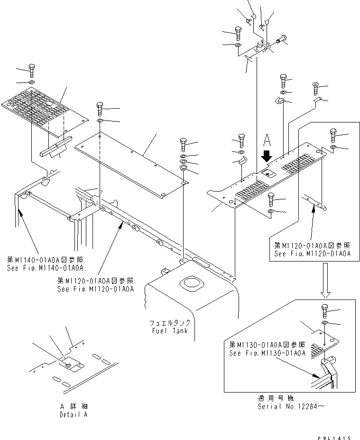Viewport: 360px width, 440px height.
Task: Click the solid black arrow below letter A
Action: point(267,155)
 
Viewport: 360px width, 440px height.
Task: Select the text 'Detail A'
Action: point(74,414)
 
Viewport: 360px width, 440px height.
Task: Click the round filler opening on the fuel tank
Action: point(193,286)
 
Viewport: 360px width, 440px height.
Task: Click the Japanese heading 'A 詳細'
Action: point(74,407)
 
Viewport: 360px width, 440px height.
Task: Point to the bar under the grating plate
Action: point(55,146)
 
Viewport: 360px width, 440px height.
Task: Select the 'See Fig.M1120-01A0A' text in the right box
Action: point(313,254)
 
